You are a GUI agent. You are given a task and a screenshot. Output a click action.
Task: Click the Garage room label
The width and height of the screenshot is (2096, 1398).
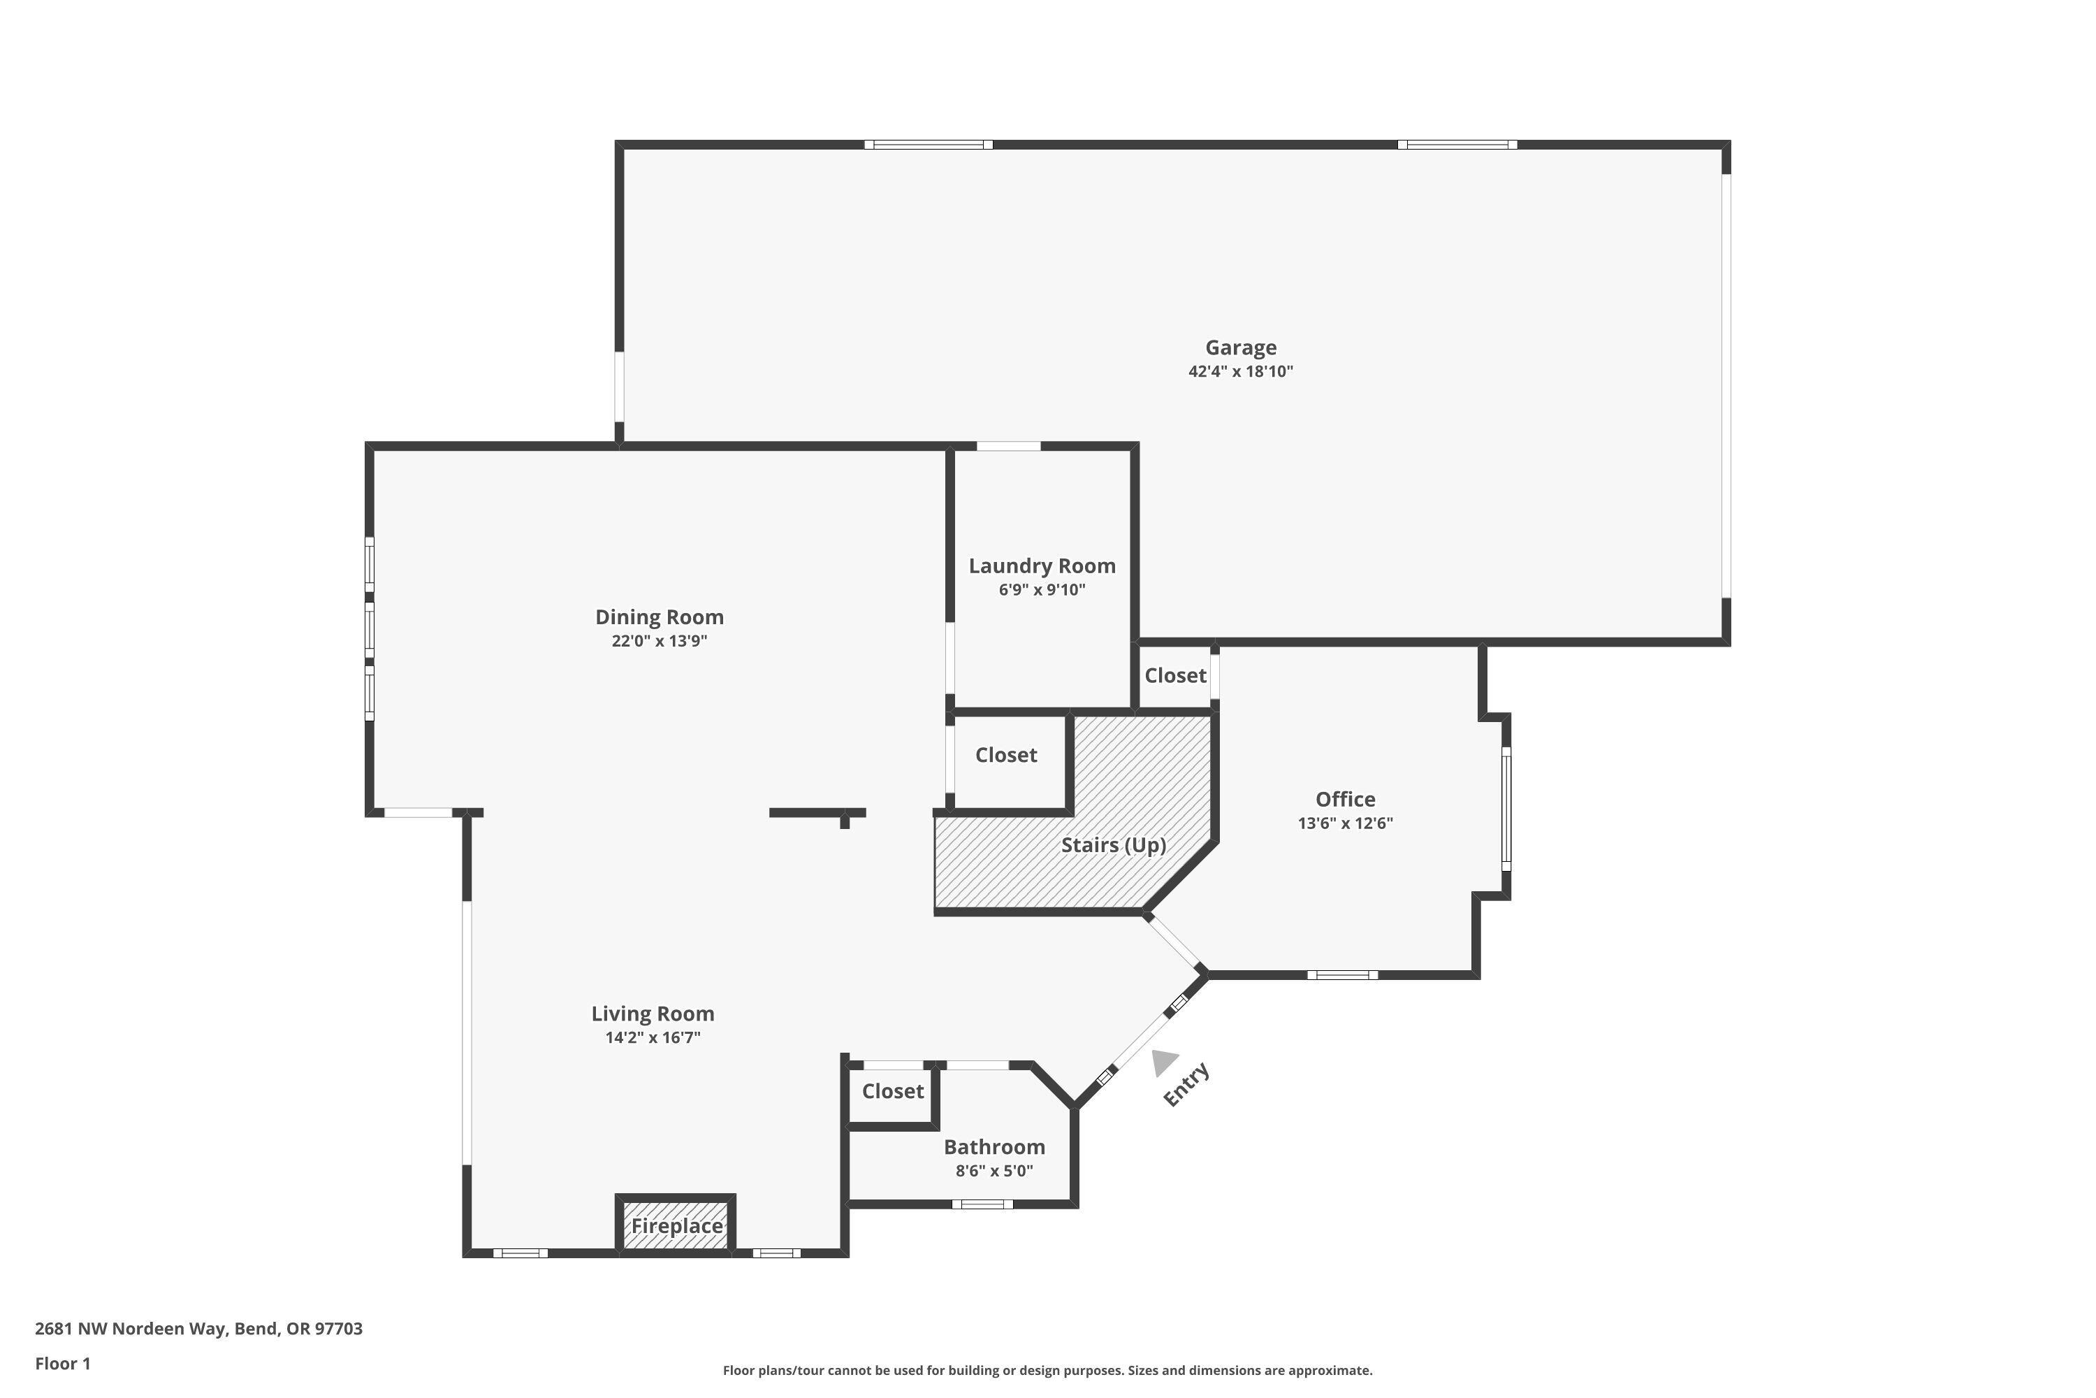pos(1241,347)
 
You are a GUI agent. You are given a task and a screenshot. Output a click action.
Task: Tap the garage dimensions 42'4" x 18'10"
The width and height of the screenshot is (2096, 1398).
pos(1241,372)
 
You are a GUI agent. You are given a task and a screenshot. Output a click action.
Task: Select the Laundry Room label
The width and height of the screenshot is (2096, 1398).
pos(1042,566)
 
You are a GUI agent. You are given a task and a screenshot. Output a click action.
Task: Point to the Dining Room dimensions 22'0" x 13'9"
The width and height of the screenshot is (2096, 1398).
pos(659,641)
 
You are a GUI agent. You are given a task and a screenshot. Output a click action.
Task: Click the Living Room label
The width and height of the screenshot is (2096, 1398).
pos(653,1014)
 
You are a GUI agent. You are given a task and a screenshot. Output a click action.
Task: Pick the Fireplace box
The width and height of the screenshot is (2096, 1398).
pos(676,1226)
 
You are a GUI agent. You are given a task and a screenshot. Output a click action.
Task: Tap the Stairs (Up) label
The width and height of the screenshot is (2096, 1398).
pos(1113,844)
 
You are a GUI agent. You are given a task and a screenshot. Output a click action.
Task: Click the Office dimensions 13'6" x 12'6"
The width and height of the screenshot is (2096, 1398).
pos(1345,823)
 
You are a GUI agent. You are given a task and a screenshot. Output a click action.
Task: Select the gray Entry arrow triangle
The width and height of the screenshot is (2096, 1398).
pos(1163,1061)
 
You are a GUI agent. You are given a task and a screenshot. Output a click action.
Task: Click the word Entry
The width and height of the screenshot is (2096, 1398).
pos(1186,1084)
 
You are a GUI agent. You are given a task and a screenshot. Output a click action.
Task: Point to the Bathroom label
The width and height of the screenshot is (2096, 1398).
pos(994,1148)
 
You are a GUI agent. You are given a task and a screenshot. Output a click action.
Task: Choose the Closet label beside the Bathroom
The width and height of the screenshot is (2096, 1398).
pos(892,1091)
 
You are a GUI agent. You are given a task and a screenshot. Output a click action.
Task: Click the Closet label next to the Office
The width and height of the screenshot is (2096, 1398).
pos(1174,676)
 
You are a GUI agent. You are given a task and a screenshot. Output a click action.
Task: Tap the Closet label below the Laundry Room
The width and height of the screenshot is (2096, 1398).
pos(1005,755)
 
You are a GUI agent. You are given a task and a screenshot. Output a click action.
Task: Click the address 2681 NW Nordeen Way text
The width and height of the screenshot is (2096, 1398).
pos(198,1329)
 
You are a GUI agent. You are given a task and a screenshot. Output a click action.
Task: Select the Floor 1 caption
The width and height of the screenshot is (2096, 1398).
pos(62,1363)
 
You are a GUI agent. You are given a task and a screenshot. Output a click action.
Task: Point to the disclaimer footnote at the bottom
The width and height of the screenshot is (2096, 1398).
pos(1047,1370)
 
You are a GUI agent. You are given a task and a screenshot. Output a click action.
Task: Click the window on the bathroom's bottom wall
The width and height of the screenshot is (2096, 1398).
pos(982,1204)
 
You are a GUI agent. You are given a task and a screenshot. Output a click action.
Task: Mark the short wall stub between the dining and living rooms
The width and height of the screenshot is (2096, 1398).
pos(817,813)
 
